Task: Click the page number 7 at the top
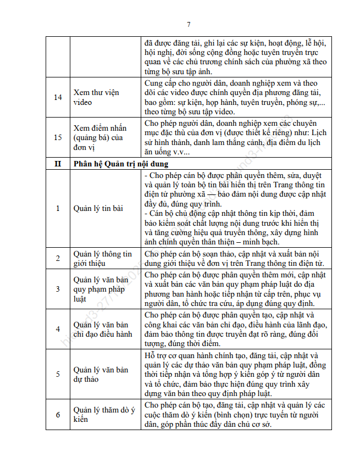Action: (189, 24)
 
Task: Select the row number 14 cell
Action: (58, 97)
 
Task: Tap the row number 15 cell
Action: (58, 137)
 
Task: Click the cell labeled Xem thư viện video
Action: (96, 97)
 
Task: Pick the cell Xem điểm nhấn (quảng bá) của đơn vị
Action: (99, 137)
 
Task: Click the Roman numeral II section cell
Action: (58, 164)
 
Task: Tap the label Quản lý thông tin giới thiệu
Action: (103, 258)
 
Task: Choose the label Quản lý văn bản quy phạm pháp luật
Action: (101, 289)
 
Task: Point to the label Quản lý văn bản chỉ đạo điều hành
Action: (103, 329)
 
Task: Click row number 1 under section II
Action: (58, 208)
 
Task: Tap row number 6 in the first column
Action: (58, 414)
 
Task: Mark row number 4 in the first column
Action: (58, 329)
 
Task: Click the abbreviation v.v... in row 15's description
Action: (181, 152)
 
